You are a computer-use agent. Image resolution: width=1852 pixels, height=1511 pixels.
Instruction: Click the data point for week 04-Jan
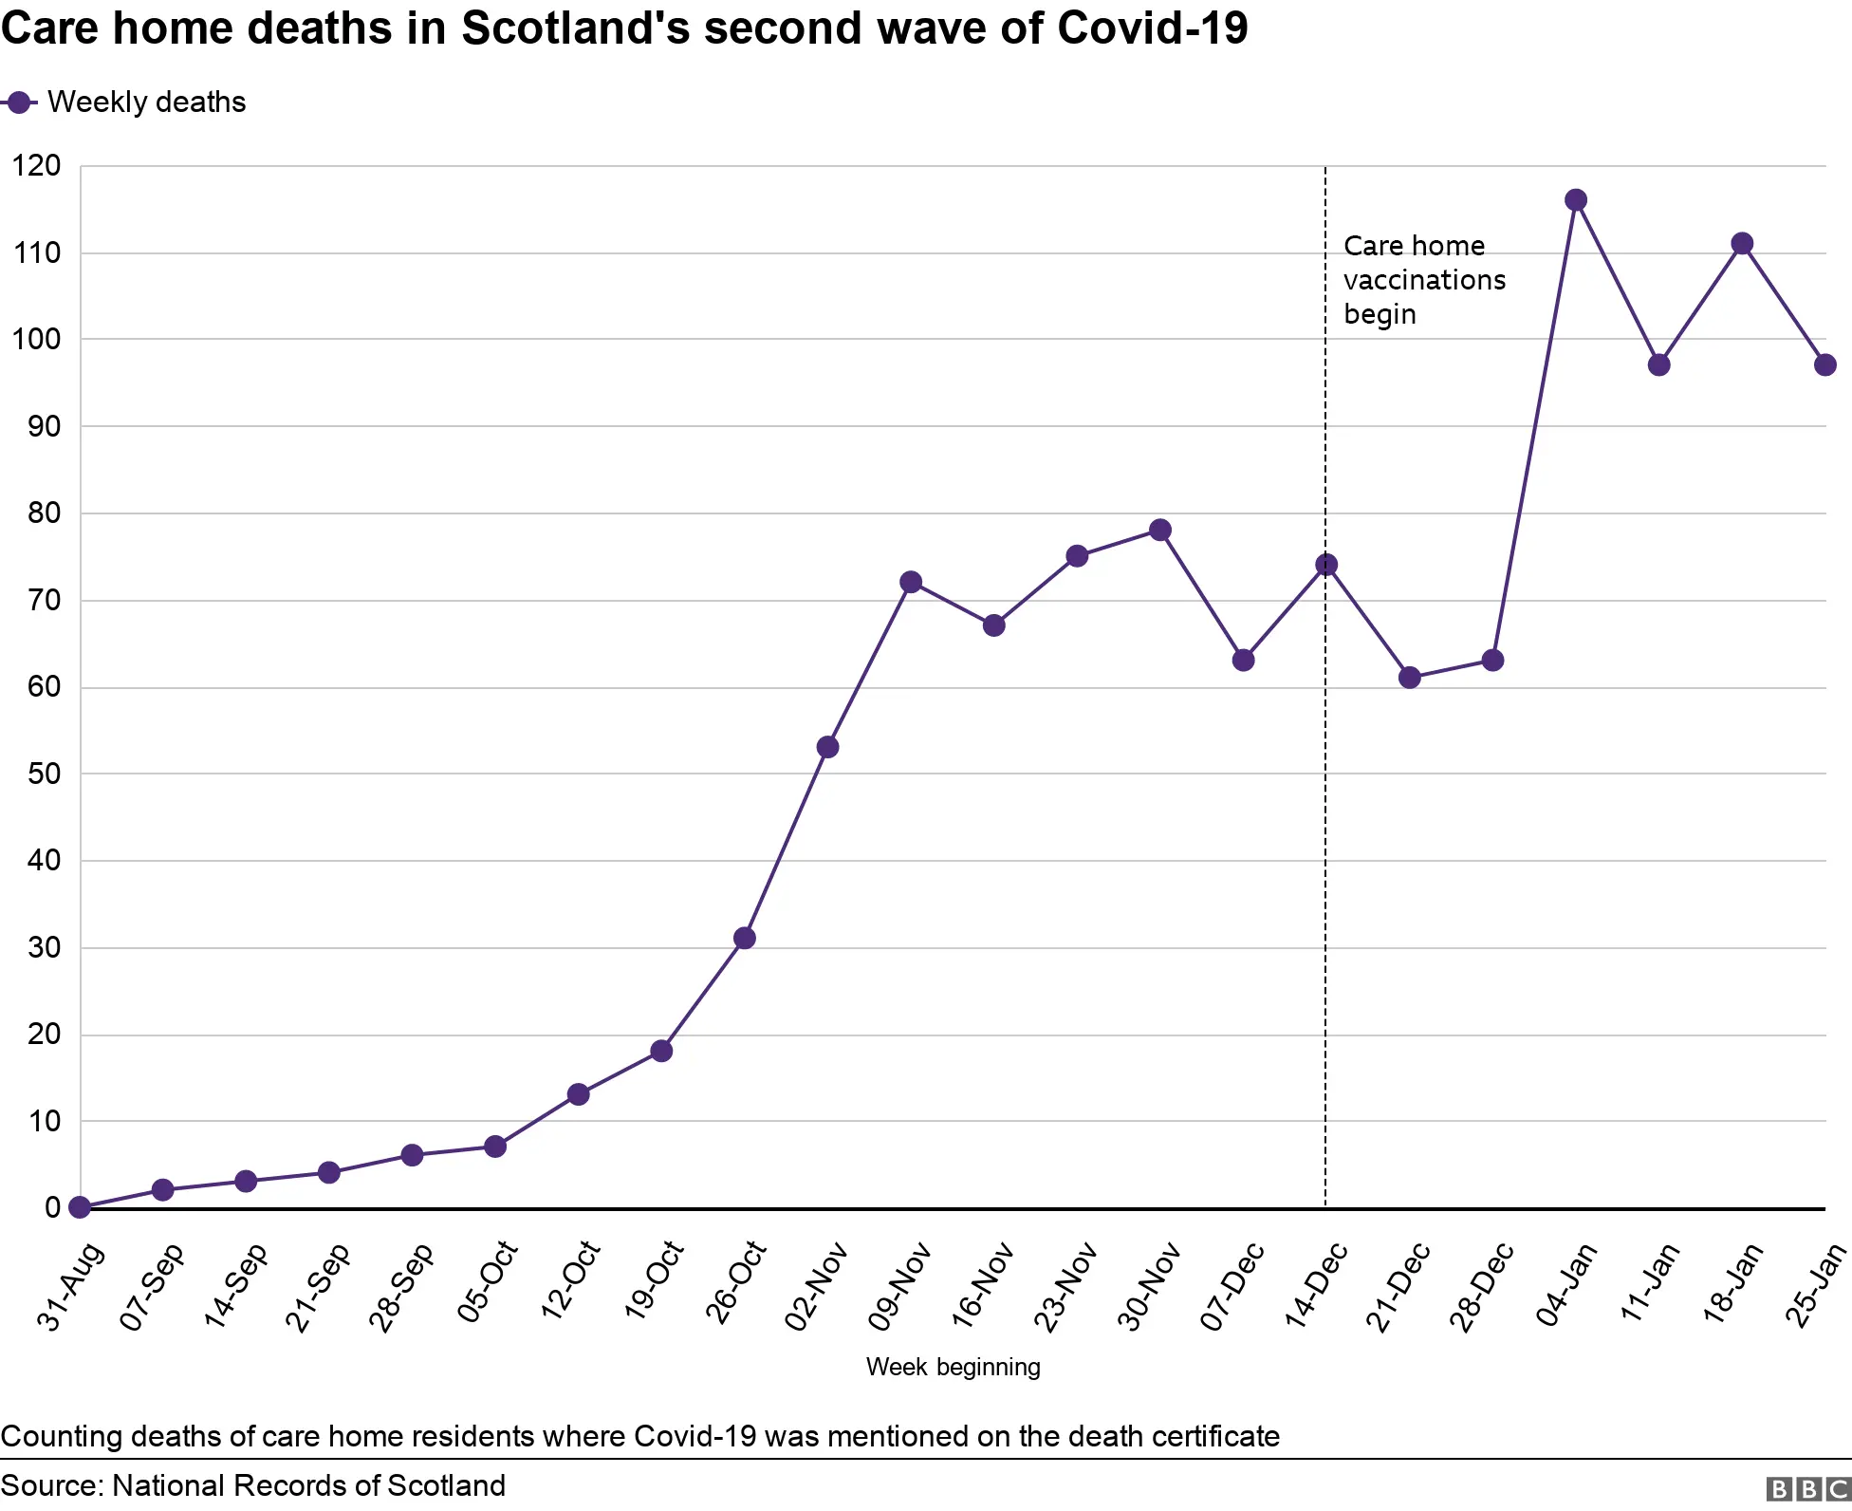coord(1576,200)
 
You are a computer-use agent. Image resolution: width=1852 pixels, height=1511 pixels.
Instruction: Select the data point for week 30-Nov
coord(1159,530)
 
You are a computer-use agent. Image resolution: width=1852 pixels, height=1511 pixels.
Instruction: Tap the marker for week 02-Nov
coord(827,747)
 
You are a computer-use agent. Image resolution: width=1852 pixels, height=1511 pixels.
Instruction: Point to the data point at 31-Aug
coord(80,1207)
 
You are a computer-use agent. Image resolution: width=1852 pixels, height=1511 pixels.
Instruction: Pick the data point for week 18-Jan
coord(1742,244)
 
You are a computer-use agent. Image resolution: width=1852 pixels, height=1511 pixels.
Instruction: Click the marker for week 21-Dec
coord(1410,678)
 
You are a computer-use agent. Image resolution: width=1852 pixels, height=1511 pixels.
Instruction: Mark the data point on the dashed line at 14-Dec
coord(1326,565)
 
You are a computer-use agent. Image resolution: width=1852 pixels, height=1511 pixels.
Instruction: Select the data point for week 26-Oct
coord(745,938)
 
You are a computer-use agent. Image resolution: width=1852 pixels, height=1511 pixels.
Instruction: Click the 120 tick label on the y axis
coord(36,166)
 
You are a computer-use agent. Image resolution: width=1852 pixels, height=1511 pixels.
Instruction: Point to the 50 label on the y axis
coord(44,774)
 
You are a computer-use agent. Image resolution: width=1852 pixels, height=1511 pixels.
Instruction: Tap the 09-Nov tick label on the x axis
coord(900,1287)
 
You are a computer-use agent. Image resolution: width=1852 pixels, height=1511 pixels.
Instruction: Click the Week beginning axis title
coord(953,1367)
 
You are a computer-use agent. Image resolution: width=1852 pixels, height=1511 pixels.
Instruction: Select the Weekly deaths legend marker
coord(19,103)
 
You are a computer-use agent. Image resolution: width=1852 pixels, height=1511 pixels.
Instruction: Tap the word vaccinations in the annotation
coord(1424,280)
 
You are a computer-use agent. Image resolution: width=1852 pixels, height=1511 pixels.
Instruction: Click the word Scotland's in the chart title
coord(576,28)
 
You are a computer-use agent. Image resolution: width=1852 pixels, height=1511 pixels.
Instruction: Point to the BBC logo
coord(1808,1488)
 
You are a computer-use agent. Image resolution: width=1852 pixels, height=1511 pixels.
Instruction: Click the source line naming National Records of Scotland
coord(253,1485)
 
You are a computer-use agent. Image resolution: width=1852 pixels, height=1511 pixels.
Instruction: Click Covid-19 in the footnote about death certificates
coord(694,1436)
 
